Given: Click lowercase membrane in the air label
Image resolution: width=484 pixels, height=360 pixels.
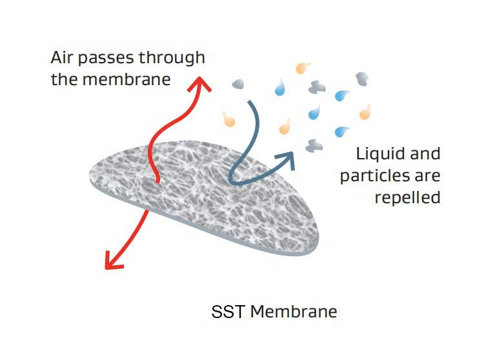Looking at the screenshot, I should (133, 80).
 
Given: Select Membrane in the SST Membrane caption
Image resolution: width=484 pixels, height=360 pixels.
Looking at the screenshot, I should (294, 312).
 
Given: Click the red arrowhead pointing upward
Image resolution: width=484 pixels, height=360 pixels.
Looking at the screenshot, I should (203, 84).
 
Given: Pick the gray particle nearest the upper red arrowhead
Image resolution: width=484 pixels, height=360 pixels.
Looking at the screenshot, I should (238, 84).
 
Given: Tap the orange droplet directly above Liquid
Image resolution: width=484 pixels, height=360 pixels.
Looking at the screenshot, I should (365, 112).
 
